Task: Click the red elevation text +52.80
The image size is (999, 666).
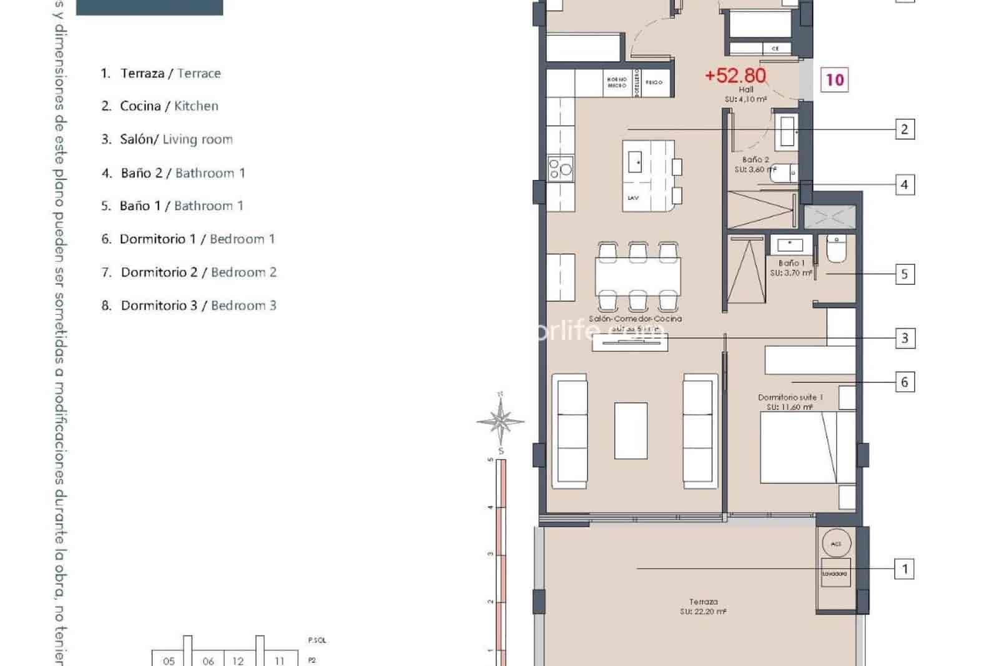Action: coord(735,76)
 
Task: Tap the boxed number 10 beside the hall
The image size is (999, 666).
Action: coord(834,80)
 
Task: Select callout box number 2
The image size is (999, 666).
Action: coord(904,129)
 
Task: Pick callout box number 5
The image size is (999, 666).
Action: coord(904,274)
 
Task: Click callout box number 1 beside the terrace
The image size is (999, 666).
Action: coord(904,569)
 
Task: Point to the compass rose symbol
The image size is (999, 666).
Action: coord(501,421)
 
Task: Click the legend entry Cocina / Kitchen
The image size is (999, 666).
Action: coord(160,106)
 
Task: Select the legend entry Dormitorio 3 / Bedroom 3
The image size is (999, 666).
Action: coord(189,306)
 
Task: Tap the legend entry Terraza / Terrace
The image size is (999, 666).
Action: coord(161,73)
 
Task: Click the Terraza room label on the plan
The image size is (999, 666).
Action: coord(703,602)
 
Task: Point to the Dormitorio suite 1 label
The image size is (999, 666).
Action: coord(790,397)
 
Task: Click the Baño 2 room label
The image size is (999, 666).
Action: coord(755,160)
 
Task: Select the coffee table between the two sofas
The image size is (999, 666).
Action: coord(631,430)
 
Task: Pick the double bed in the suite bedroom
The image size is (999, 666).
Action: coord(807,447)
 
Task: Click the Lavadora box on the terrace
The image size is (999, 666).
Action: coord(835,574)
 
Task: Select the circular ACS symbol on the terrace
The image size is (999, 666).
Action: coord(835,544)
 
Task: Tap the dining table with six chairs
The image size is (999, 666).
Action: coord(637,276)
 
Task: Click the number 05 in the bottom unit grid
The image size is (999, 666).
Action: coord(169,660)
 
